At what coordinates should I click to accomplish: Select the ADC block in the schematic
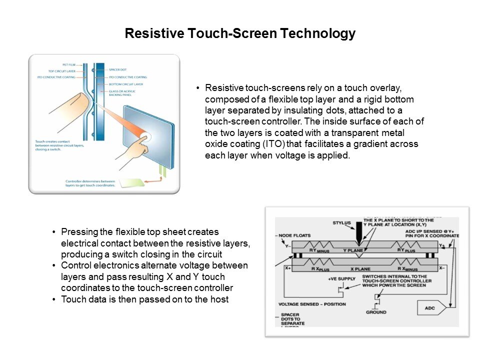click(x=430, y=308)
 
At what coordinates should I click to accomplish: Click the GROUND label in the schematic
click(x=375, y=312)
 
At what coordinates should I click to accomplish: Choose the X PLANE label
click(x=360, y=269)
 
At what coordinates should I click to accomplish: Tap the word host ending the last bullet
click(x=219, y=299)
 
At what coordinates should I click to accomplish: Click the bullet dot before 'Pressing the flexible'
click(x=53, y=232)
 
